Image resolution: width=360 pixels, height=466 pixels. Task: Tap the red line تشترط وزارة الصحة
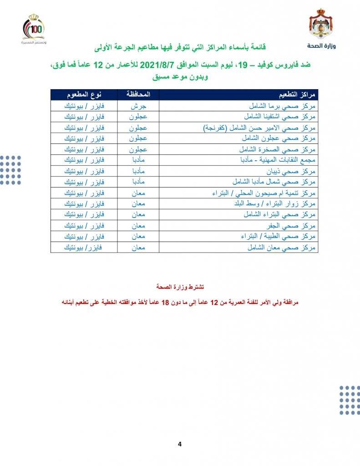coord(179,287)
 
